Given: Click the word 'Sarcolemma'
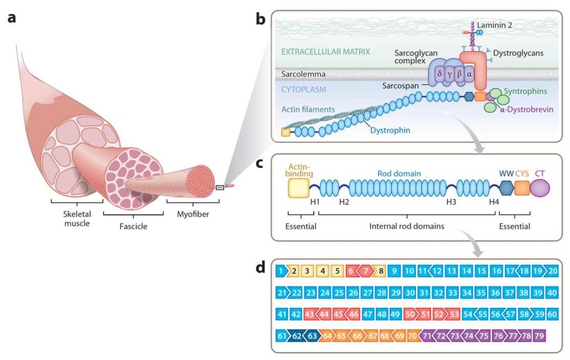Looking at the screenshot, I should [303, 73].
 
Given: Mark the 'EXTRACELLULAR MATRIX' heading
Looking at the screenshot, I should [326, 52].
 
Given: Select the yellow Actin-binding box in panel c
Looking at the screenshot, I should [298, 189].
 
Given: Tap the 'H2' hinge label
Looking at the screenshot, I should [344, 201].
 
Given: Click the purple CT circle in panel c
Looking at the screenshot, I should [539, 189].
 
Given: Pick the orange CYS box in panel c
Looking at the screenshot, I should [522, 189].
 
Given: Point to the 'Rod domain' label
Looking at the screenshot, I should [397, 174].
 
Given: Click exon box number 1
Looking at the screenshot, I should [282, 272].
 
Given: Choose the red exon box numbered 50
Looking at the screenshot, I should [410, 314].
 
